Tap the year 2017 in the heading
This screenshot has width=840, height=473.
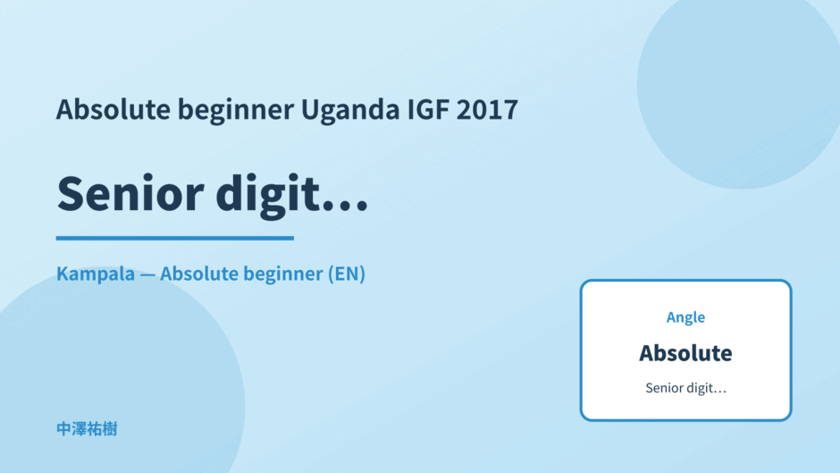click(487, 109)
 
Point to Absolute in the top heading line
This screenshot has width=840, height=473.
click(113, 109)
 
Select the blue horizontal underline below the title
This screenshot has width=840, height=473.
click(175, 238)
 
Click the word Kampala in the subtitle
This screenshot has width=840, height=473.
click(96, 274)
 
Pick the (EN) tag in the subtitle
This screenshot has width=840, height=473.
click(347, 274)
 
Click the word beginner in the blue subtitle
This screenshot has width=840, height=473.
click(283, 274)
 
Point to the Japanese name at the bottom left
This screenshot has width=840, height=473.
click(87, 429)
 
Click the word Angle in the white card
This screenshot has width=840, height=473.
click(685, 317)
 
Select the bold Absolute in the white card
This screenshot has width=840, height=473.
click(685, 353)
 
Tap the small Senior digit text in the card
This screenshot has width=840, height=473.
click(685, 388)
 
